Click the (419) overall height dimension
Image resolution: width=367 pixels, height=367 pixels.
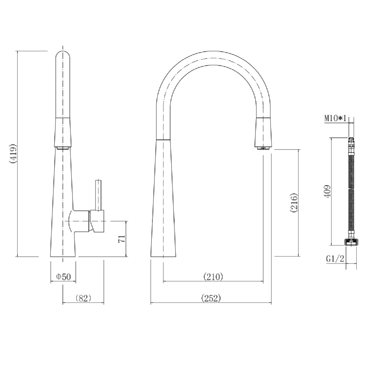[x=13, y=154]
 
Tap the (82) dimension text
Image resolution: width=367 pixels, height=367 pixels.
[x=83, y=298]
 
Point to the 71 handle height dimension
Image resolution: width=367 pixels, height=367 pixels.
[x=121, y=239]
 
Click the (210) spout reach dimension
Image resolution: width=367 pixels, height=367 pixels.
[x=213, y=277]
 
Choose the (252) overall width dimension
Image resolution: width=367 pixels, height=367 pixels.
[x=211, y=298]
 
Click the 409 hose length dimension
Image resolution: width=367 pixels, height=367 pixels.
[x=327, y=192]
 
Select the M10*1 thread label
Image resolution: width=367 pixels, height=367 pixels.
[x=335, y=118]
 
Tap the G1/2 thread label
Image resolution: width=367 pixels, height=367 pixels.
[x=335, y=259]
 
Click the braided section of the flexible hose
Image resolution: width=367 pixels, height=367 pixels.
[x=350, y=192]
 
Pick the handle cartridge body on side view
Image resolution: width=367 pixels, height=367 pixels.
[x=97, y=221]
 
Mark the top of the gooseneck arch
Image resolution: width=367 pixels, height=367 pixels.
[x=214, y=58]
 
